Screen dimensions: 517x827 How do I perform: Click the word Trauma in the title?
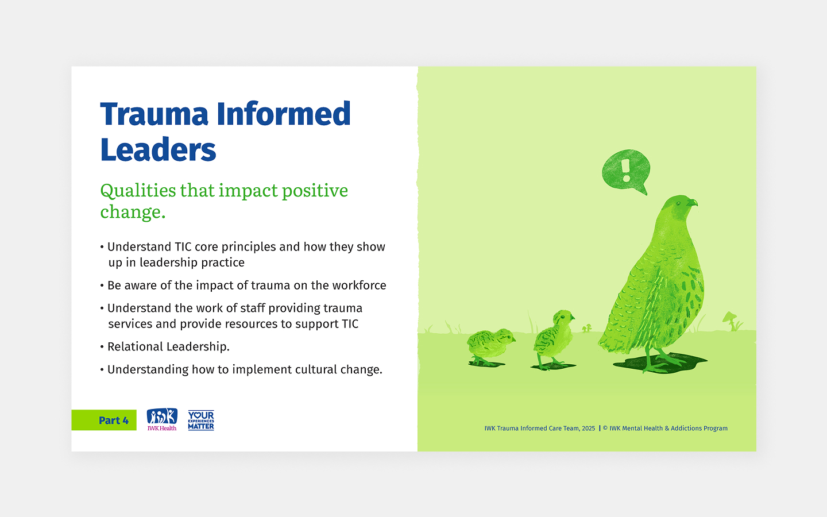[154, 114]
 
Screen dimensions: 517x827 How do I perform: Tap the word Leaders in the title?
[158, 151]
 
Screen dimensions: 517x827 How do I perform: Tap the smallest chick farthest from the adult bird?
[490, 345]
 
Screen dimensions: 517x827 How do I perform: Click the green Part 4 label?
[104, 420]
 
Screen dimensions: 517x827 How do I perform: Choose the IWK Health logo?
[162, 419]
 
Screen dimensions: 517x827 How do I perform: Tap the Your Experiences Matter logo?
[201, 420]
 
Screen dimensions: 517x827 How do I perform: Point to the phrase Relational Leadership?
[168, 347]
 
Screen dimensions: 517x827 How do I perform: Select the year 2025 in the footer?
[588, 429]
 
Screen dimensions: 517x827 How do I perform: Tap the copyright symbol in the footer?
[605, 429]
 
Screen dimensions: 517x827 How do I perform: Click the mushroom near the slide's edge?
[731, 319]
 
